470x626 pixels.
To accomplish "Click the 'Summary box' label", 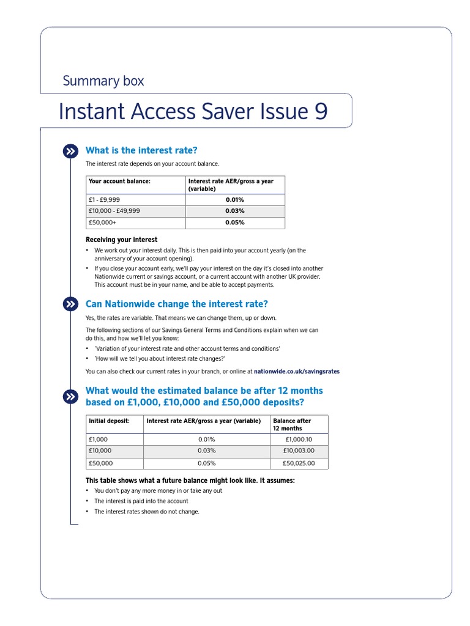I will click(x=103, y=81).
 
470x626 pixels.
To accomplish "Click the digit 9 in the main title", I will click(x=321, y=112).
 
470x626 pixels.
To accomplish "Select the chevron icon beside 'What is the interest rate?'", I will click(x=70, y=151).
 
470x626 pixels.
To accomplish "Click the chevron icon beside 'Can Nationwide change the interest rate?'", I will click(x=70, y=304).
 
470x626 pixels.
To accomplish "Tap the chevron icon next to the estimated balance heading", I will click(x=70, y=397).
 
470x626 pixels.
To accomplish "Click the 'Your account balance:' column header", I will click(x=120, y=182).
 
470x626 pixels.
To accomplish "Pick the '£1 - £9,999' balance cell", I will click(x=105, y=200).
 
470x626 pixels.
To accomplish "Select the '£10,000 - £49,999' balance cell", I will click(x=114, y=211).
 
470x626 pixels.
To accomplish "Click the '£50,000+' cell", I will click(x=103, y=223).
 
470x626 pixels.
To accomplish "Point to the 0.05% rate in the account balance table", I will click(x=234, y=223).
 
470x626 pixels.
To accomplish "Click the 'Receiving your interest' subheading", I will click(x=121, y=240).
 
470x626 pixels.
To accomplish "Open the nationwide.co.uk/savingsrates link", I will click(x=296, y=371).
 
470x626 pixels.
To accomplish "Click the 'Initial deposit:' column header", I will click(x=110, y=421).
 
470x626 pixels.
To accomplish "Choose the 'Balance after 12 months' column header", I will click(x=292, y=424).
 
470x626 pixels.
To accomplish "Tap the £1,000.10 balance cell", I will click(x=299, y=440).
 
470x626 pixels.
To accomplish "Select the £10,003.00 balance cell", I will click(x=299, y=451).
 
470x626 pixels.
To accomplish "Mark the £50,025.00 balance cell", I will click(x=299, y=463).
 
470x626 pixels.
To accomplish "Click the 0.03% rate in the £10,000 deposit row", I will click(x=207, y=451).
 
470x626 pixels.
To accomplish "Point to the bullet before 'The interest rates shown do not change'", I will click(x=88, y=512).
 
